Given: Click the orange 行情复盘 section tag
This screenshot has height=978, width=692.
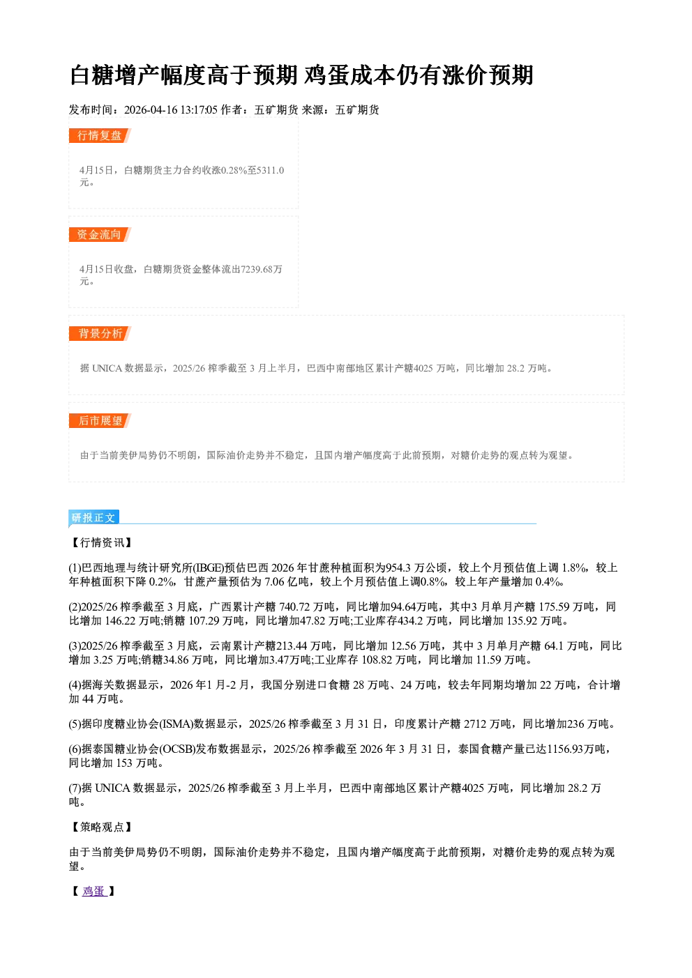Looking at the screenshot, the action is point(100,135).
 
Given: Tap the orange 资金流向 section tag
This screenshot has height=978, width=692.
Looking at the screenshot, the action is point(100,234).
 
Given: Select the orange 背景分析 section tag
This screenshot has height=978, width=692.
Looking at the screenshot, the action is point(100,334).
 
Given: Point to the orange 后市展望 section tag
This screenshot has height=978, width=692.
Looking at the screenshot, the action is point(100,420).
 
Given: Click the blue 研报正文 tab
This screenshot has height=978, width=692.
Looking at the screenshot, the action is point(93,517).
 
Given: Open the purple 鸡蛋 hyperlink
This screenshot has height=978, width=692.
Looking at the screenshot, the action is point(94,891).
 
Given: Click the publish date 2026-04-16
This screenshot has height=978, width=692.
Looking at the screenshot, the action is point(151,109).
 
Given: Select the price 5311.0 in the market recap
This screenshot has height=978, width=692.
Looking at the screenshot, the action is point(270,170).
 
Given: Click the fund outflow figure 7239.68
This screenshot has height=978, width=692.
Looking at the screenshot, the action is point(256,269).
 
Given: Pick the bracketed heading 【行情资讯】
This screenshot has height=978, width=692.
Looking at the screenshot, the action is point(101,543).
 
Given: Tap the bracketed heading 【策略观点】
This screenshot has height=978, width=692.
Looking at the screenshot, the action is point(101,827).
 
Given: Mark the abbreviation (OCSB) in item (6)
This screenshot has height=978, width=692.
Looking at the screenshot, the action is point(177,749).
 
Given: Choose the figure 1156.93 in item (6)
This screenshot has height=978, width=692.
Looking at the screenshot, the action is point(565,749).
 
